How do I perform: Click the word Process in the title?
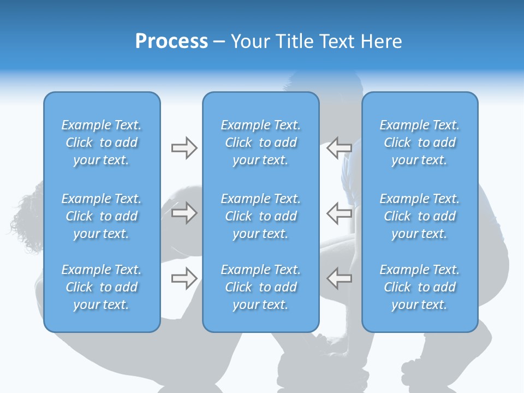[x=171, y=41]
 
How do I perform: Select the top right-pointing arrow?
[x=184, y=148]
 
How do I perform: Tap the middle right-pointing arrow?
[x=184, y=213]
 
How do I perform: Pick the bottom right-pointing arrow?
[x=184, y=278]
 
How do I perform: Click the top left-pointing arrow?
[x=339, y=148]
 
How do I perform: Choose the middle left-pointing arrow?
[x=339, y=213]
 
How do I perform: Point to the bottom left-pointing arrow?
[x=339, y=278]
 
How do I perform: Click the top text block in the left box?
[x=102, y=142]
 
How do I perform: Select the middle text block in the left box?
[x=102, y=216]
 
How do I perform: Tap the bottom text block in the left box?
[x=102, y=287]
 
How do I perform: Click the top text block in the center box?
[x=261, y=142]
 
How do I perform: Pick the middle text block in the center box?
[x=261, y=216]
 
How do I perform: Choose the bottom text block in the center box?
[x=261, y=287]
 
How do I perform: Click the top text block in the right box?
[x=420, y=142]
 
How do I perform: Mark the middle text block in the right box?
[x=420, y=216]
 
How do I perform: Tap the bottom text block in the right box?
[x=420, y=287]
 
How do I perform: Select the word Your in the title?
[x=250, y=41]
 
